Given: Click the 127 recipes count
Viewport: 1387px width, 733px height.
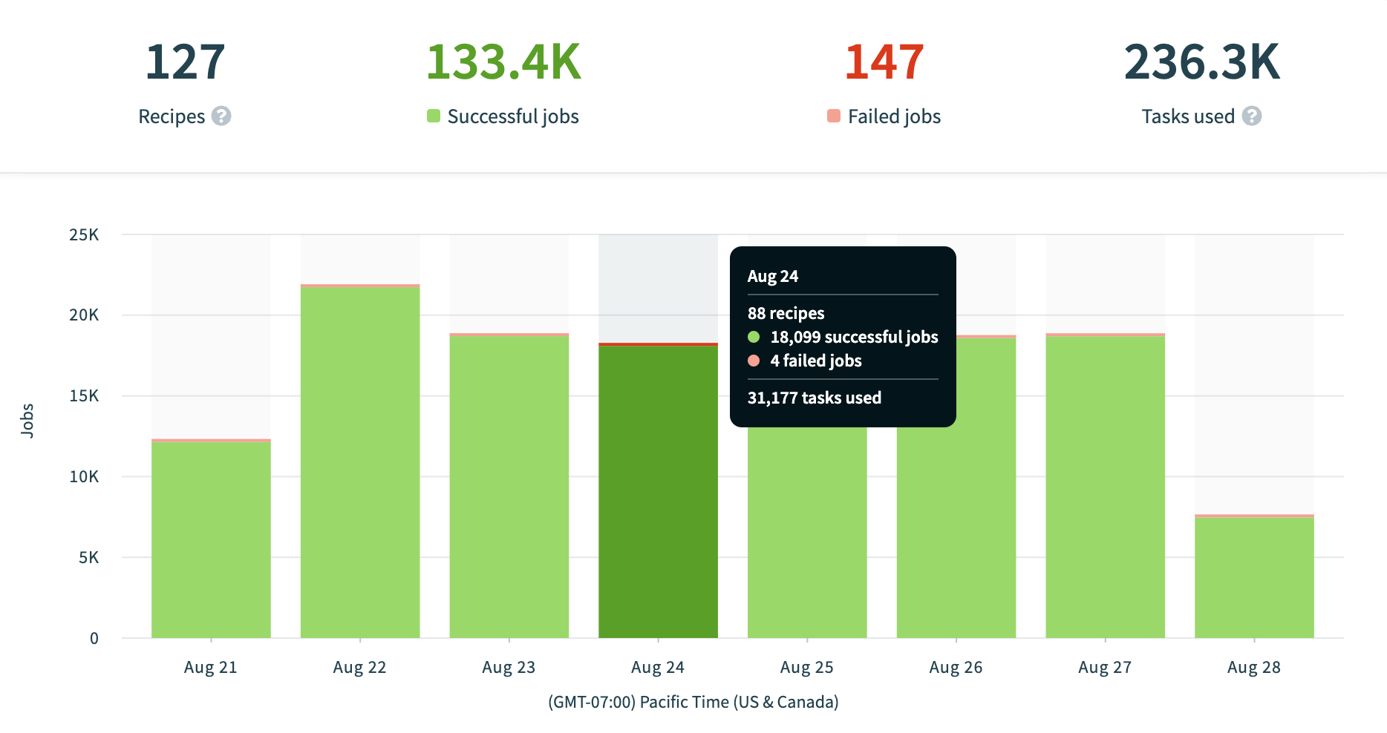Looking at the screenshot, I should point(185,62).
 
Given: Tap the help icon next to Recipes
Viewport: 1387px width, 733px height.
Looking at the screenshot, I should point(221,116).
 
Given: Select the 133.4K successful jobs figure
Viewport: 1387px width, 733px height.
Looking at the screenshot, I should point(503,62).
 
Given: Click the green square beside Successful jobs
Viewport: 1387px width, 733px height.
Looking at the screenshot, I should point(434,116).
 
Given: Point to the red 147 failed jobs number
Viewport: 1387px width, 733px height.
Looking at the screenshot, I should point(884,62).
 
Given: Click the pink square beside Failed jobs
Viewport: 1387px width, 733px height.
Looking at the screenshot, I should point(834,116).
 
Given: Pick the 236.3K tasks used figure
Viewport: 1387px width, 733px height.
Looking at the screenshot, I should point(1201,62).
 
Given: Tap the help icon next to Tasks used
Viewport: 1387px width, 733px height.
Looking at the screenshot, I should point(1252,116).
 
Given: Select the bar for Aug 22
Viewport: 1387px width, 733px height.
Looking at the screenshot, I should point(360,460).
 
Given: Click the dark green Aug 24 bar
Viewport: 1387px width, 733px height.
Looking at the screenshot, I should point(658,490).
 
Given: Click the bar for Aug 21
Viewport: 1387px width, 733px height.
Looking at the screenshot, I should point(211,538).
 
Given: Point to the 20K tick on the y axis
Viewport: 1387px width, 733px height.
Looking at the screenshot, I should point(84,315).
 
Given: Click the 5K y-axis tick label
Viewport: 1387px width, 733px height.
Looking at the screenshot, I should point(88,557).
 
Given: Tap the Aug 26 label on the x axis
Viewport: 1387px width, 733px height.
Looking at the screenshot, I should point(956,667).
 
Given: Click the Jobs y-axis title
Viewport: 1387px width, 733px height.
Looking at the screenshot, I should point(27,421).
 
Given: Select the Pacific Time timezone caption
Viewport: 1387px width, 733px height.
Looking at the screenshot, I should point(693,702).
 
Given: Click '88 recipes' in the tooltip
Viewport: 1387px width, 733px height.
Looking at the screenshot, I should point(786,313).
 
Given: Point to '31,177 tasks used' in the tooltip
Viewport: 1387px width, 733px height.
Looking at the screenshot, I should point(814,398).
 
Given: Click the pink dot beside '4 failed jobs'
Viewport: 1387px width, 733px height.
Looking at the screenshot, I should point(754,361).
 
